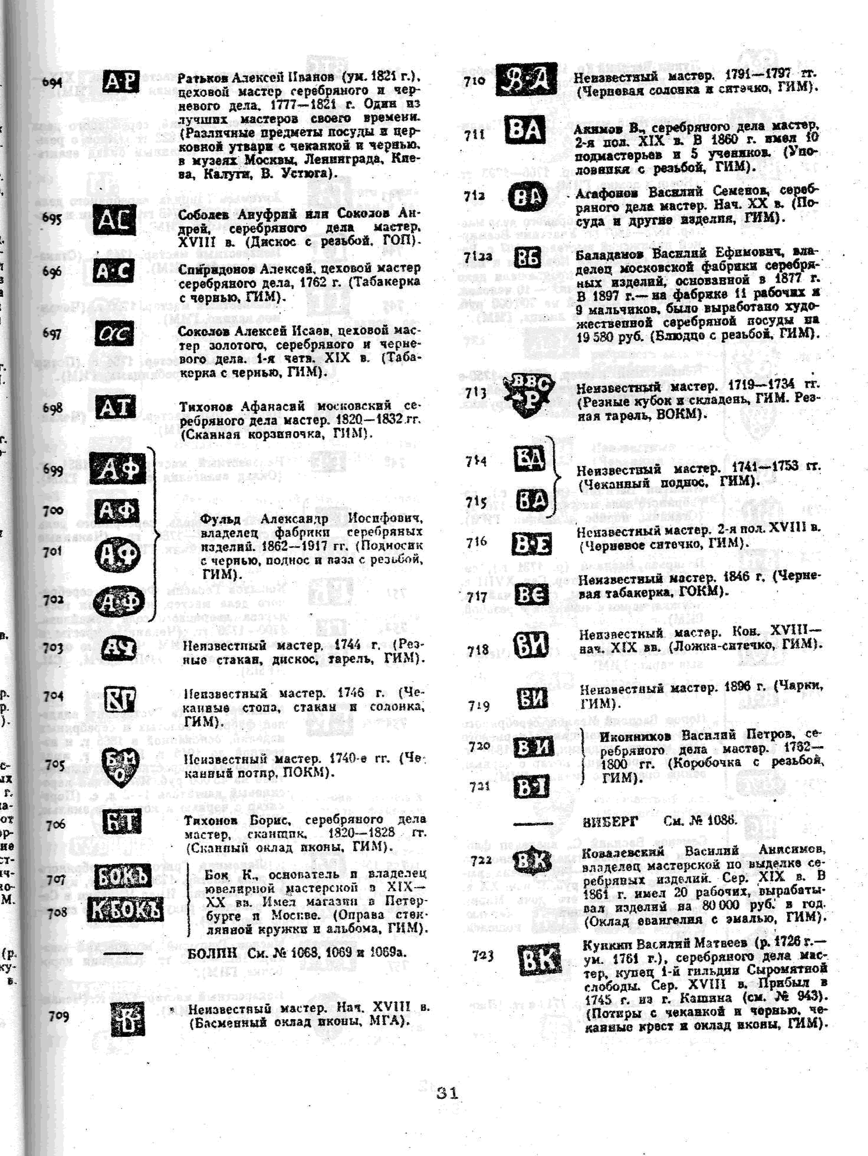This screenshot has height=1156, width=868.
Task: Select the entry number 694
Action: point(52,82)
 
